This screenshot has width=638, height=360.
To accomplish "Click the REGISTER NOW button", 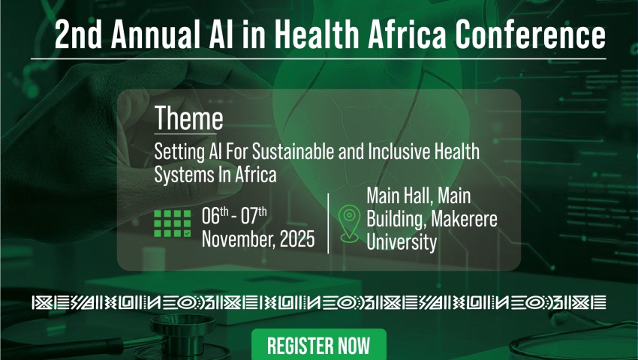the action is click(318, 344).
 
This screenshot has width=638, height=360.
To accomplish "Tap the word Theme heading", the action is click(189, 118).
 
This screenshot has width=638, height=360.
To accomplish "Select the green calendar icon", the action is click(173, 223).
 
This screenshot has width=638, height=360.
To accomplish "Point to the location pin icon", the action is click(349, 223).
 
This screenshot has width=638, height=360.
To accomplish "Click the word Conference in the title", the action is click(530, 34).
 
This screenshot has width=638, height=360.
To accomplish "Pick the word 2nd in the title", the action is click(78, 34).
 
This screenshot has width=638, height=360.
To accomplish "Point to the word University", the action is click(402, 242).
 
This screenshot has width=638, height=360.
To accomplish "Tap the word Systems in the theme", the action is click(179, 175).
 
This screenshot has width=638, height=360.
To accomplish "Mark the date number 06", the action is click(211, 215).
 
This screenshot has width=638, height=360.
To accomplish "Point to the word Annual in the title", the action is click(155, 34).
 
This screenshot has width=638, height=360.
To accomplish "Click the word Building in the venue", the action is click(396, 220).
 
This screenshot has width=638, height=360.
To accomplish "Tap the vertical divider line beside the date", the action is click(328, 223).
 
